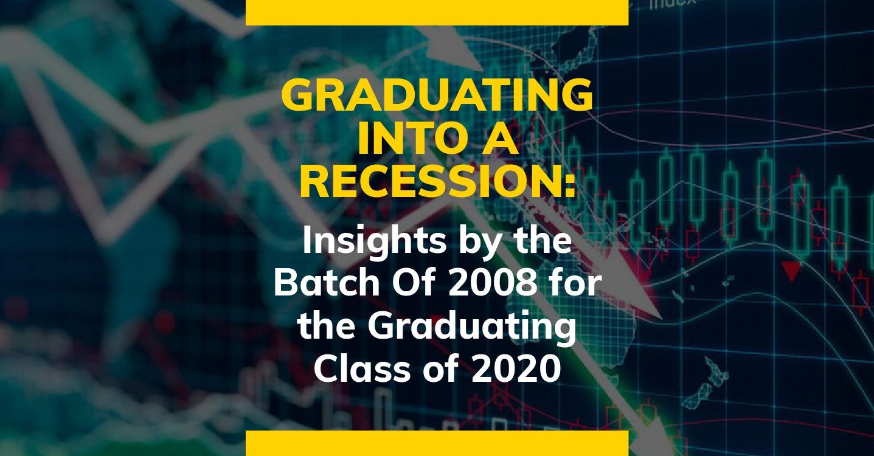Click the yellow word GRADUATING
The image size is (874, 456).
437,94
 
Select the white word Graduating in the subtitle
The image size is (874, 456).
471,328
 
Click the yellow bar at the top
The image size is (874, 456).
437,13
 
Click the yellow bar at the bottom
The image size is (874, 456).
437,443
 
